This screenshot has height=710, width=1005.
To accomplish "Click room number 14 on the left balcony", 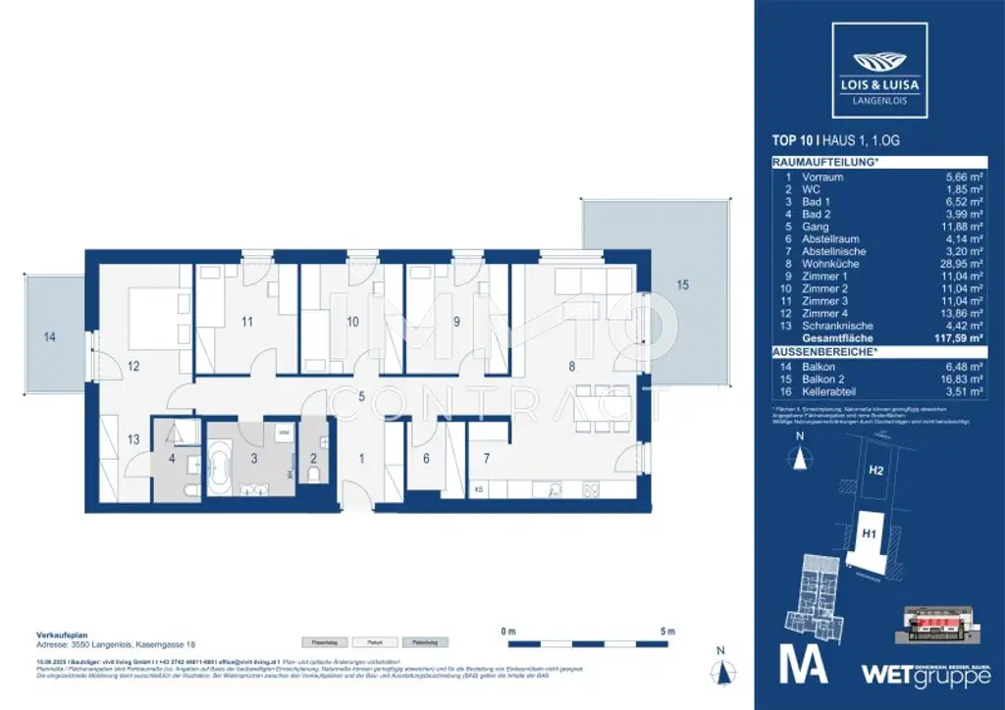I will pyautogui.click(x=49, y=336).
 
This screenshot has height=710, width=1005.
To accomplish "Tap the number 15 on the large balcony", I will pyautogui.click(x=682, y=285).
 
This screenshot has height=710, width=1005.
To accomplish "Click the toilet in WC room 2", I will pyautogui.click(x=315, y=475).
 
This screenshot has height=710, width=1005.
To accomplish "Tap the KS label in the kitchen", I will pyautogui.click(x=479, y=488).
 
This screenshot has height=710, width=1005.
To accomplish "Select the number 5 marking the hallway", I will pyautogui.click(x=362, y=396).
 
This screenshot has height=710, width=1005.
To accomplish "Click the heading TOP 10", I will pyautogui.click(x=794, y=140).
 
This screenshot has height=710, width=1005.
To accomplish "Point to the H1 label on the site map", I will pyautogui.click(x=868, y=532).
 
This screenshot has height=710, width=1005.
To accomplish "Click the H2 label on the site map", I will pyautogui.click(x=875, y=471).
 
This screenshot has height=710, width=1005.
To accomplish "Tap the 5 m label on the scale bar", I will pyautogui.click(x=666, y=630).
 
